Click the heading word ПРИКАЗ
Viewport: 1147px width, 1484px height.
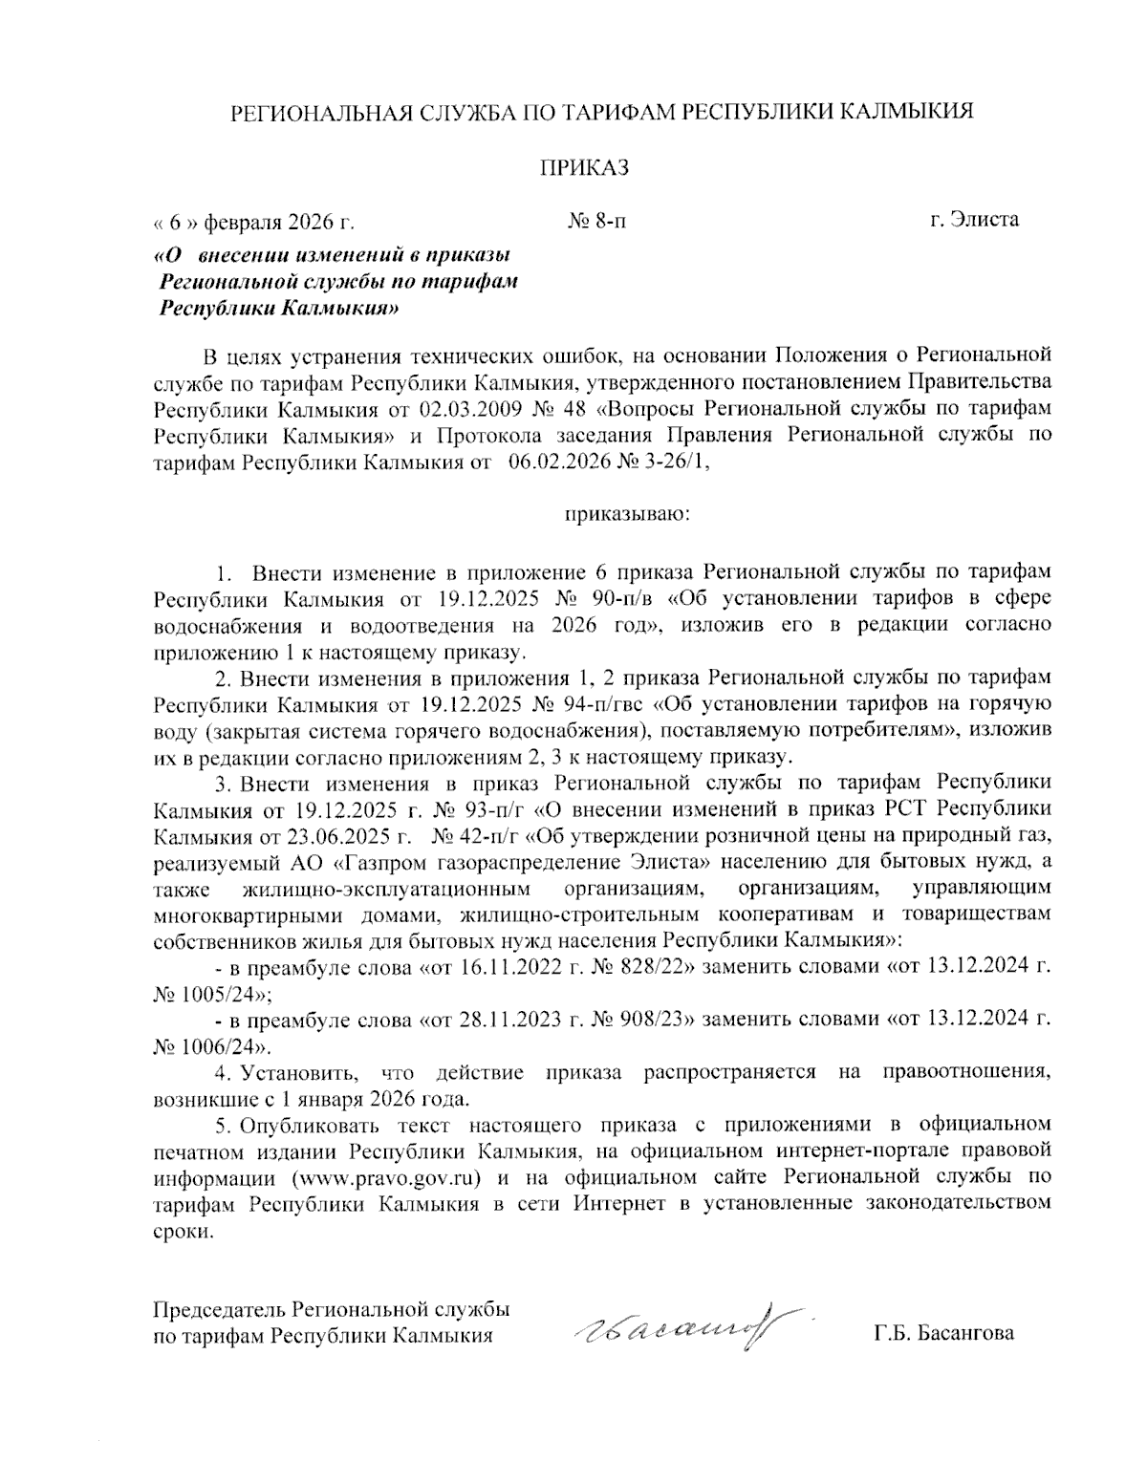[x=585, y=169]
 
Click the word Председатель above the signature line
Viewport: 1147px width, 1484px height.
[x=220, y=1308]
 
